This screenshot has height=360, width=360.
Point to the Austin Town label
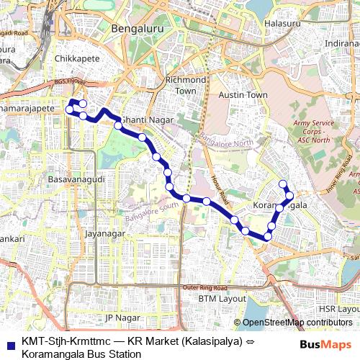(x=243, y=95)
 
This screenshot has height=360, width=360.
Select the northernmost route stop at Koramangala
(x=283, y=183)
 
